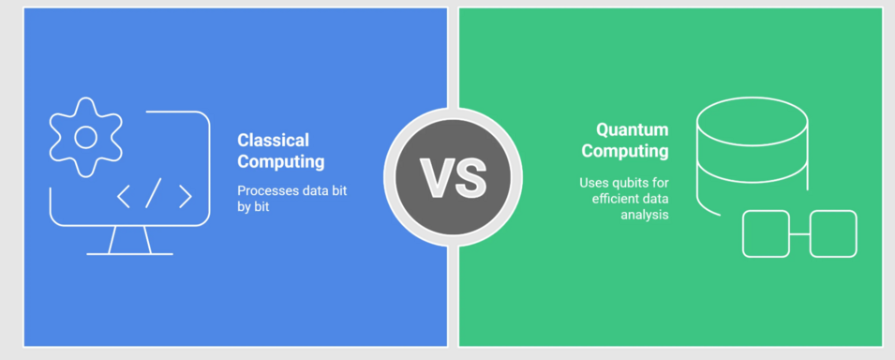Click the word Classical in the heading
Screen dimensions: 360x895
point(273,141)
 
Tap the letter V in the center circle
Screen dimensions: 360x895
point(436,177)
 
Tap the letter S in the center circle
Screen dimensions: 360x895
point(469,177)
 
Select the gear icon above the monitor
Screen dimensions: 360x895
point(85,138)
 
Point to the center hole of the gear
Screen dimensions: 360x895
point(85,138)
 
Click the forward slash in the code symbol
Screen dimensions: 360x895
point(154,193)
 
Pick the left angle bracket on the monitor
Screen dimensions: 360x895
point(124,196)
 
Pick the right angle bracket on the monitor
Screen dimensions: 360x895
point(185,196)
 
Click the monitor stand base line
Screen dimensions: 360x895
point(129,253)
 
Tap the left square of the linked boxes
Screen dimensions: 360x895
point(766,233)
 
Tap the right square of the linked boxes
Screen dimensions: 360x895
point(833,233)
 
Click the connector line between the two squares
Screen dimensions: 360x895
point(799,233)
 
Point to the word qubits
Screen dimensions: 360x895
point(630,181)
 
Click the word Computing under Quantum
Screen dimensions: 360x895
point(625,151)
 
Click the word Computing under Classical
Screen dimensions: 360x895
point(281,162)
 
